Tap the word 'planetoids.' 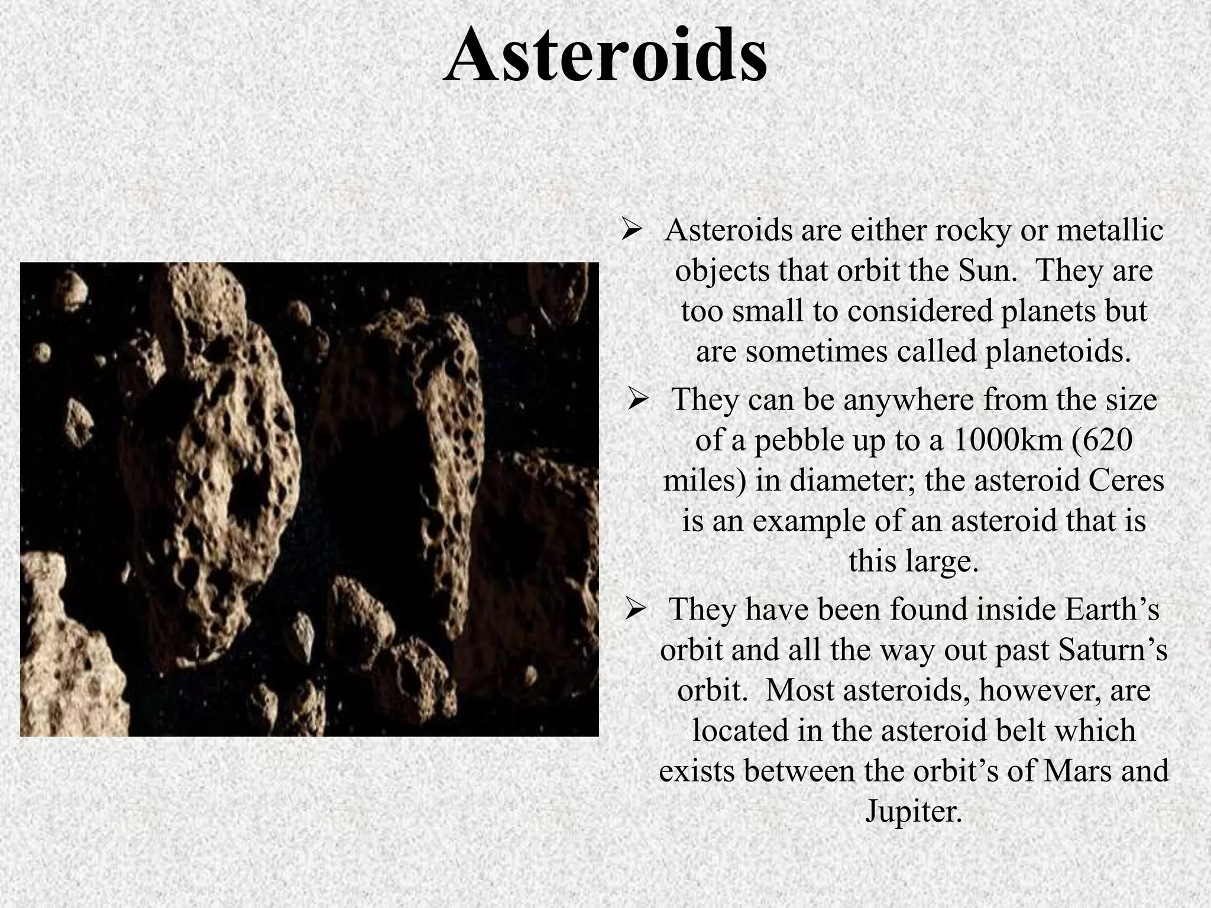point(1057,352)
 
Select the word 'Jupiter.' point(914,812)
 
